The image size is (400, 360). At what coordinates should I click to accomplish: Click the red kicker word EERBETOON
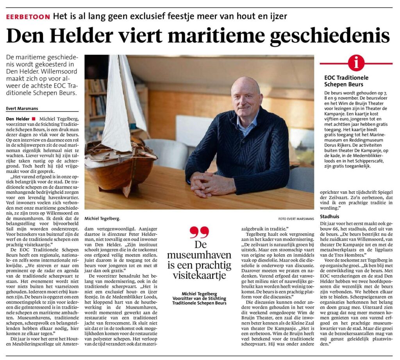[x=28, y=17]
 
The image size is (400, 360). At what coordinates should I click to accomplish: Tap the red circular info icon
[x=356, y=63]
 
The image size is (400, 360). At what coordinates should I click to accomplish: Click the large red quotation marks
[x=199, y=232]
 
